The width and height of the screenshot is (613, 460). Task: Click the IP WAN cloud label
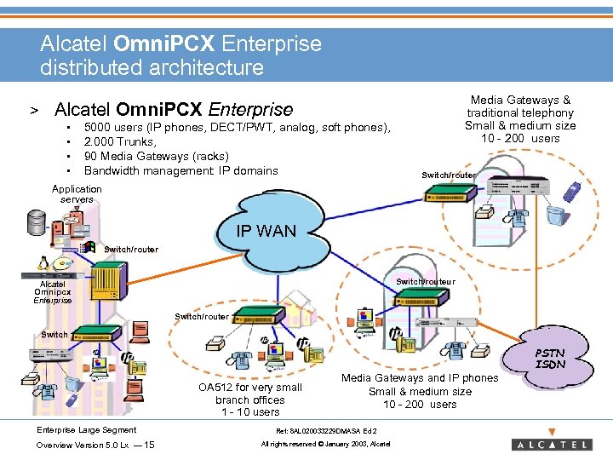267,230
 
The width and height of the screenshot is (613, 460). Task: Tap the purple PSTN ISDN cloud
549,358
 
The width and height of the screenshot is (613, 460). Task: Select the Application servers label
77,194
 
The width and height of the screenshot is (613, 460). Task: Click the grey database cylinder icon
37,223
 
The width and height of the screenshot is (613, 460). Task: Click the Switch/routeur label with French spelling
426,282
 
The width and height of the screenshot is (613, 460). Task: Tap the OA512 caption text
250,400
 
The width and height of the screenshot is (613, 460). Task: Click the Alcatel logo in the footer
551,444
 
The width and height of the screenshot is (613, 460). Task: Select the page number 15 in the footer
149,445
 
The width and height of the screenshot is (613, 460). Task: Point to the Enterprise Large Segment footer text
86,428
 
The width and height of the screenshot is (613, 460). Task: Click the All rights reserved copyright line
325,445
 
